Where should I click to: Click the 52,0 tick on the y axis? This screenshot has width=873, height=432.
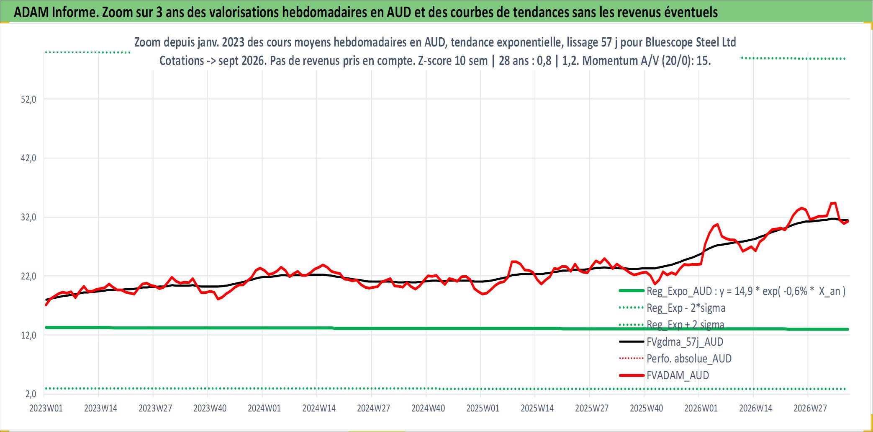(28, 100)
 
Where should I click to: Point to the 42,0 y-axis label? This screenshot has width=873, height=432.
(28, 158)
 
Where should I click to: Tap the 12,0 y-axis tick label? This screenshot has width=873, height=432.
(28, 335)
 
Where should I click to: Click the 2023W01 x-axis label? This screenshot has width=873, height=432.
(46, 408)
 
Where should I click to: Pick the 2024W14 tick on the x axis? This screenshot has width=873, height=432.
(319, 408)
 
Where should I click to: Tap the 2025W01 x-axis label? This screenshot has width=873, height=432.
(483, 408)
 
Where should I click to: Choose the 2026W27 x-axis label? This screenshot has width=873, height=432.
(810, 408)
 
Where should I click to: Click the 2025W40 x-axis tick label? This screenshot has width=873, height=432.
(647, 408)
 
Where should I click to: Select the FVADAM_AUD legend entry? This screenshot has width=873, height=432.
(678, 375)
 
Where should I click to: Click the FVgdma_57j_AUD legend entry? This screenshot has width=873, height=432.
(685, 342)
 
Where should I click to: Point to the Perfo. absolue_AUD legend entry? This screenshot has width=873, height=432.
(689, 359)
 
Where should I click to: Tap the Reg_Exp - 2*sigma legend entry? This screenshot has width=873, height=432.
(686, 308)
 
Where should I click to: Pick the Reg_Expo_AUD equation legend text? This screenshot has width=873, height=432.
(746, 291)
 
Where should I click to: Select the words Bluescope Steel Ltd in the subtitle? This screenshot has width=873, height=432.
(691, 42)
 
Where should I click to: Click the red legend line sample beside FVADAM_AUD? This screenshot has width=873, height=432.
(632, 375)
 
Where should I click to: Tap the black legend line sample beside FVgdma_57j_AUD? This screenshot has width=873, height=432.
(632, 342)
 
